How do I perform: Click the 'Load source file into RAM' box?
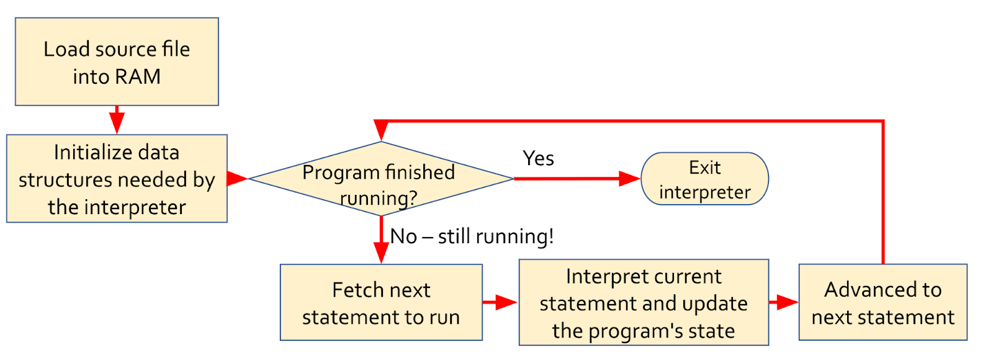[x=117, y=61]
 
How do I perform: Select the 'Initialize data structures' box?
[x=117, y=179]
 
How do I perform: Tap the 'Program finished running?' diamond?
[x=381, y=179]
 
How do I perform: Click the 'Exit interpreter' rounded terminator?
[x=705, y=179]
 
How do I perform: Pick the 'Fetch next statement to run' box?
[x=381, y=302]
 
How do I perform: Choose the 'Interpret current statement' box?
[x=644, y=302]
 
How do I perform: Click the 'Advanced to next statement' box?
[x=883, y=302]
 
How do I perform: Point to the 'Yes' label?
[x=538, y=158]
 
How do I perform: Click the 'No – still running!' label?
[x=472, y=236]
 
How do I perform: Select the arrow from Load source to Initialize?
[x=117, y=120]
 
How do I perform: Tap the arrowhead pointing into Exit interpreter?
[x=629, y=179]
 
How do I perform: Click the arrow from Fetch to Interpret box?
[x=500, y=302]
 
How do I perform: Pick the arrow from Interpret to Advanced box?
[x=784, y=302]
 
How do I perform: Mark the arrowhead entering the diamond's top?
[x=381, y=130]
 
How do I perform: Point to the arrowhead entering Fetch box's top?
[x=381, y=253]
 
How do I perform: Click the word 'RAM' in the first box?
[x=138, y=77]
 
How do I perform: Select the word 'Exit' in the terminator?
[x=705, y=168]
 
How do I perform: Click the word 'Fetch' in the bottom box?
[x=357, y=290]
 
